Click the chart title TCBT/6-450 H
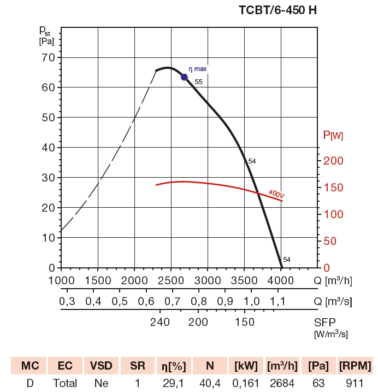[x=277, y=10]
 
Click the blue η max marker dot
[x=185, y=77]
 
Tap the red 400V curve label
[x=276, y=194]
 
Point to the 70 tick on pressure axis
[x=48, y=57]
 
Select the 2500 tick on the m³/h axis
[x=170, y=280]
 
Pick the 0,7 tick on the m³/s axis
[x=172, y=301]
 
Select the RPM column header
[x=355, y=366]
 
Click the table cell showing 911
[x=354, y=383]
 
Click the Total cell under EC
[x=65, y=383]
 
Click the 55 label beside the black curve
[x=198, y=82]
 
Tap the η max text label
[x=198, y=69]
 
